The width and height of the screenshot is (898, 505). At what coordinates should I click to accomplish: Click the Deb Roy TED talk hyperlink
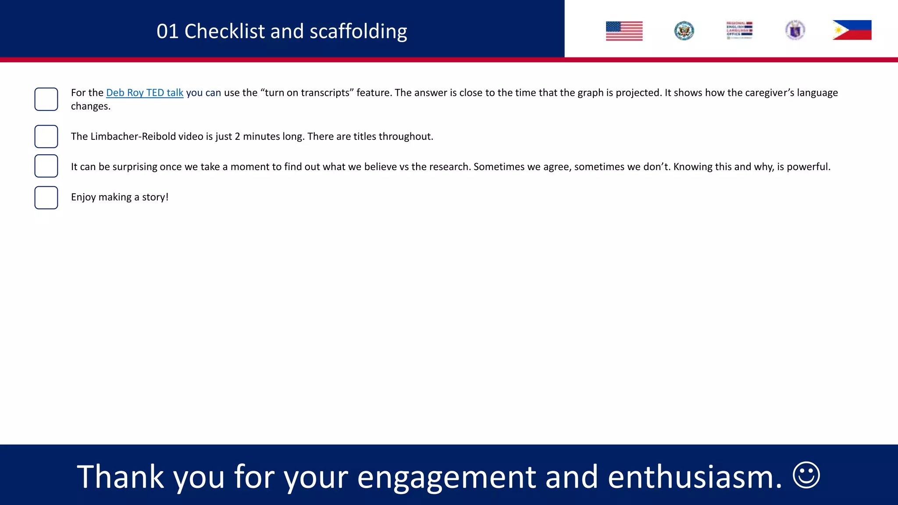pos(145,93)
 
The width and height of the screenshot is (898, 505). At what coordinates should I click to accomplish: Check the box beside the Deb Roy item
pos(46,99)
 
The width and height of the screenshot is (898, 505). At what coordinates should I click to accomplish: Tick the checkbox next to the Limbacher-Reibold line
pos(46,136)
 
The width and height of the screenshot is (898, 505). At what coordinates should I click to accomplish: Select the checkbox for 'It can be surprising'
pos(46,166)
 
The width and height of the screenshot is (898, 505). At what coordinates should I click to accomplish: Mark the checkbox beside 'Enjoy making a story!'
pos(46,198)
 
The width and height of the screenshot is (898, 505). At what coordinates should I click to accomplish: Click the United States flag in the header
pos(624,31)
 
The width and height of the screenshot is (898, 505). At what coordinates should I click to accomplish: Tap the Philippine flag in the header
pos(852,30)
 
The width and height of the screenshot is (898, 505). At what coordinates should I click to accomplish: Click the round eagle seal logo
pos(684,31)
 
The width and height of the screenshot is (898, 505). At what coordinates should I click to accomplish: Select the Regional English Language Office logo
pos(739,30)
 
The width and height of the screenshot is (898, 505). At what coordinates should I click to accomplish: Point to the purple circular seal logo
pos(795,30)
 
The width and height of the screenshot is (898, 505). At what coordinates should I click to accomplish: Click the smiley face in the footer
pos(806,475)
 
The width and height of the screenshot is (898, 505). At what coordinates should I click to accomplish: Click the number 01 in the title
pos(167,32)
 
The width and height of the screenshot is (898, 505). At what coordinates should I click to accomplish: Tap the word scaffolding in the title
pos(358,32)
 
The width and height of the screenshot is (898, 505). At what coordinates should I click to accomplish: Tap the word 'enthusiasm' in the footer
pos(695,477)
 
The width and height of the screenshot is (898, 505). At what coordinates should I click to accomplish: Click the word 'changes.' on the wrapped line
pos(90,107)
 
